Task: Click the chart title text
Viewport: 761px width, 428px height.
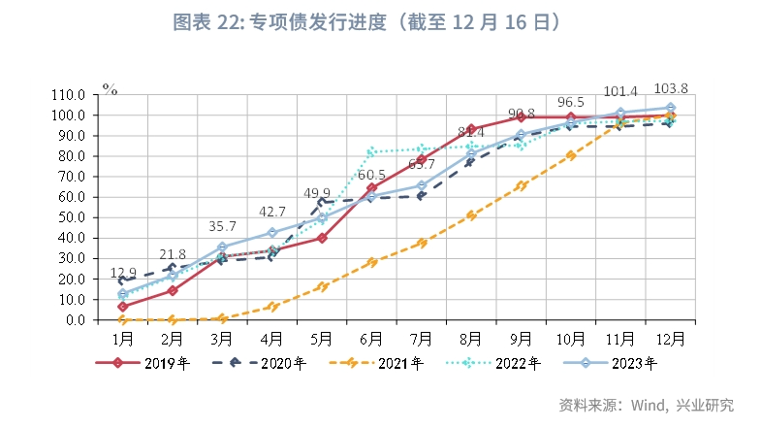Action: click(x=380, y=20)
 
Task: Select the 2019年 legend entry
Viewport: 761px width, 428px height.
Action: click(x=146, y=364)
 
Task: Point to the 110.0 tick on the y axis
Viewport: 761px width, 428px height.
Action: click(x=71, y=95)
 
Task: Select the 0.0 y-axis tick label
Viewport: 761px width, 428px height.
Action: click(x=78, y=319)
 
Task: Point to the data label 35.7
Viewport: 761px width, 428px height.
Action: click(x=222, y=227)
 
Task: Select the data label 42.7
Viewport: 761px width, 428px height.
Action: click(x=271, y=213)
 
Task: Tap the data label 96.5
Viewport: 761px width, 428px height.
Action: click(x=570, y=102)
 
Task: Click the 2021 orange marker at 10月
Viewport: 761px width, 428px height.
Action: click(x=570, y=154)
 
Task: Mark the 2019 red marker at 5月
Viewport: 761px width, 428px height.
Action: click(x=322, y=238)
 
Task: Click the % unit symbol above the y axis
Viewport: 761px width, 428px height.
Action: click(x=110, y=90)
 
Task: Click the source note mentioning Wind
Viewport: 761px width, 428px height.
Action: click(x=647, y=405)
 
